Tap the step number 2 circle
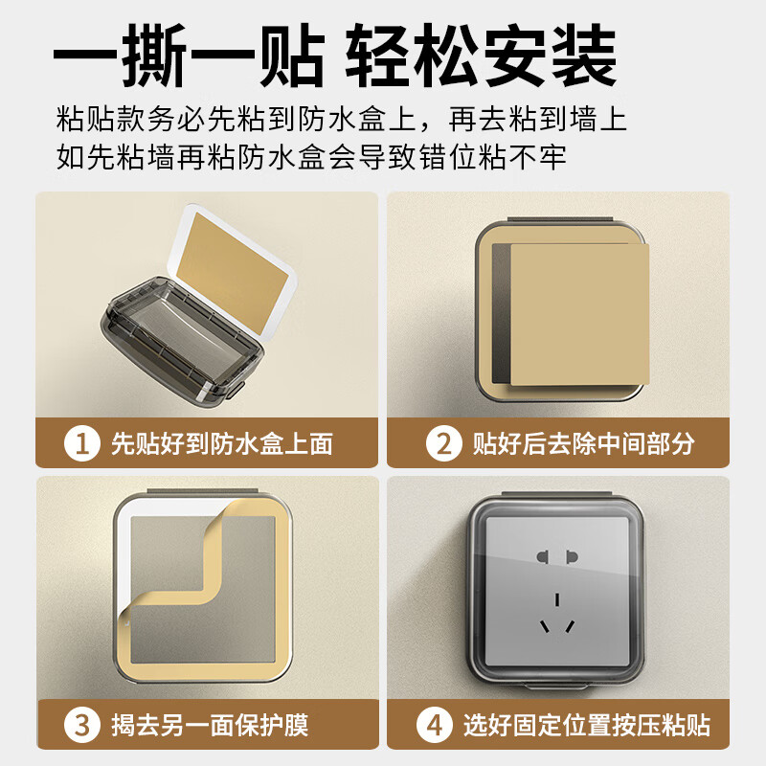(x=442, y=443)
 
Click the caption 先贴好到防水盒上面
(x=221, y=443)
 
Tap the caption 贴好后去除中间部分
(x=583, y=443)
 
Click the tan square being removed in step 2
(x=578, y=311)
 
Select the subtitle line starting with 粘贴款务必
(x=341, y=120)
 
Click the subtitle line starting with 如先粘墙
(x=311, y=155)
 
